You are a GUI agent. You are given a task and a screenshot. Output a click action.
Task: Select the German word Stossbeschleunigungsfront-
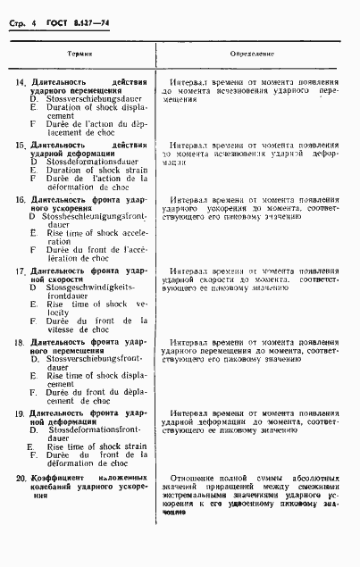pos(90,217)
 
